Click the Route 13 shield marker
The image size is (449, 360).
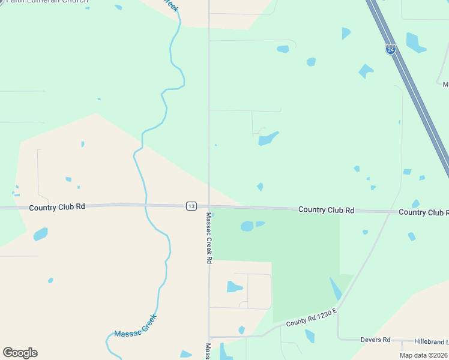[191, 206]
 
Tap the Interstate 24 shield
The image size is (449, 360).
[390, 50]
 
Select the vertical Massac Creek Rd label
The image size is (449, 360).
[209, 238]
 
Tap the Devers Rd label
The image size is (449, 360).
[375, 340]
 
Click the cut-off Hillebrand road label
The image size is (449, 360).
[430, 341]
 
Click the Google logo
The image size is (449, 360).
[20, 353]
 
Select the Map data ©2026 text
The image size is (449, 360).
[424, 355]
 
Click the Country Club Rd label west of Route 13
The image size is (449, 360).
[57, 206]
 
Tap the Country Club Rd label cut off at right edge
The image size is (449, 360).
[423, 212]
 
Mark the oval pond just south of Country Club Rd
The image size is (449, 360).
[247, 226]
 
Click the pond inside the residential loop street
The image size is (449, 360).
[234, 287]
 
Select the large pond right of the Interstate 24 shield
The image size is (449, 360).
[415, 42]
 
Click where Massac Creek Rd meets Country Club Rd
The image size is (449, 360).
[209, 206]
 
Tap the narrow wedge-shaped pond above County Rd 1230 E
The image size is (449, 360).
[336, 288]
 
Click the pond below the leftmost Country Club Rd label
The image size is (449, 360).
[40, 233]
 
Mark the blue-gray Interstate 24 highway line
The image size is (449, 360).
[414, 90]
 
